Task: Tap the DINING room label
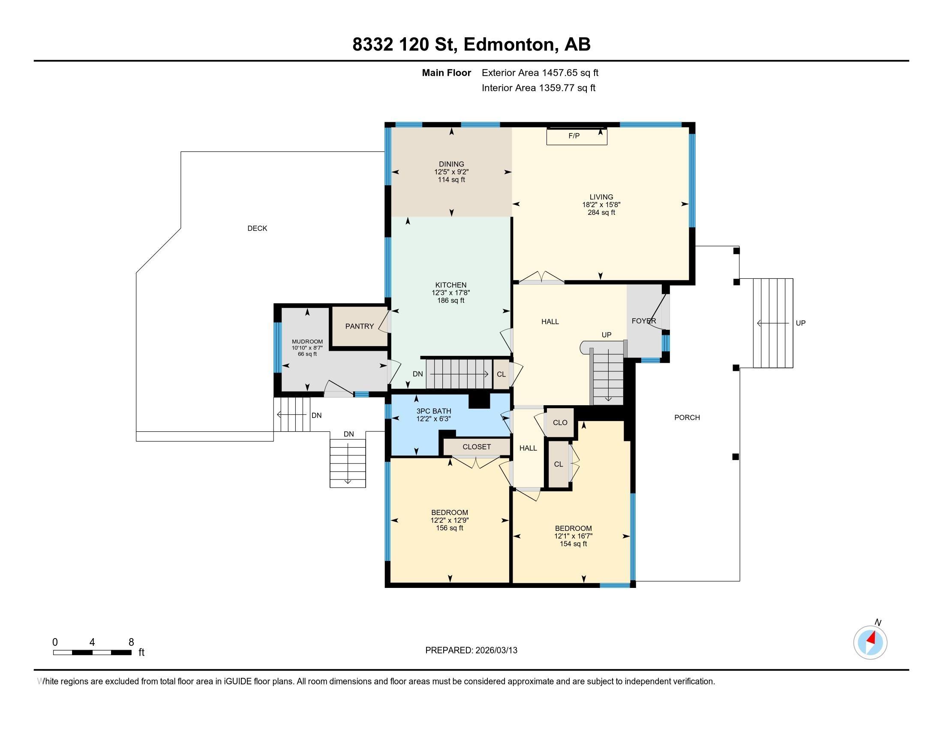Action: click(451, 164)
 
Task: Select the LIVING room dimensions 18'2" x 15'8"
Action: click(601, 205)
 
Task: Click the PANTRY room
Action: click(359, 326)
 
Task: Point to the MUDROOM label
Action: click(307, 342)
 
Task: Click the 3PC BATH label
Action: click(433, 411)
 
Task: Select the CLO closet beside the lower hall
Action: click(560, 423)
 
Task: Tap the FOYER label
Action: click(643, 321)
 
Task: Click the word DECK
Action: click(257, 229)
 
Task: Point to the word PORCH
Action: click(687, 418)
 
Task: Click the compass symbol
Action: click(870, 643)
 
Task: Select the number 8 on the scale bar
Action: click(131, 642)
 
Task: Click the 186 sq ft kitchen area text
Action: click(451, 301)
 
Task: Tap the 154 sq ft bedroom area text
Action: click(574, 544)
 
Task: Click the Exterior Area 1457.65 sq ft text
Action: click(540, 73)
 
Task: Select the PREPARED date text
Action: click(471, 651)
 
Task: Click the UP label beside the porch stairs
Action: click(800, 323)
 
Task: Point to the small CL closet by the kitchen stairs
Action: click(501, 374)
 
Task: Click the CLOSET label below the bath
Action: click(476, 447)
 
